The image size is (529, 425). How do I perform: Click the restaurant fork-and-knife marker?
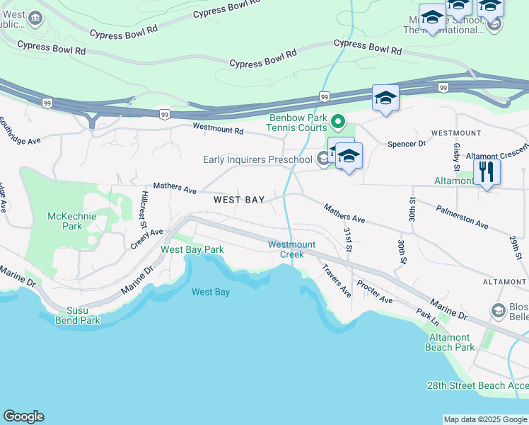[x=486, y=172]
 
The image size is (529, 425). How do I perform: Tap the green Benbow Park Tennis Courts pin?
[x=338, y=124]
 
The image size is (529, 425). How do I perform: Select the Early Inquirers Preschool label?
[x=258, y=159]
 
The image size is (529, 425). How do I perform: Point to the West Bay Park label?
[x=192, y=249]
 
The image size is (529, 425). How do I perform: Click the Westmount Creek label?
[x=286, y=249]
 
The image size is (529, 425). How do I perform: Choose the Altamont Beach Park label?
[x=450, y=342]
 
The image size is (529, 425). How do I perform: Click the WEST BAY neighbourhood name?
[x=239, y=200]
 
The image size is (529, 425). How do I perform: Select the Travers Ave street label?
[x=336, y=280]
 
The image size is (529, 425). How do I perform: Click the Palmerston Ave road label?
[x=463, y=217]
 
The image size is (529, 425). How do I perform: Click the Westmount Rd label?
[x=219, y=130]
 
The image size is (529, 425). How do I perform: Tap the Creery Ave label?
[x=146, y=238]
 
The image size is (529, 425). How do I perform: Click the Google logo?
[x=23, y=416]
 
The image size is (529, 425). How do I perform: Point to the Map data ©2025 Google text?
[x=485, y=419]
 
